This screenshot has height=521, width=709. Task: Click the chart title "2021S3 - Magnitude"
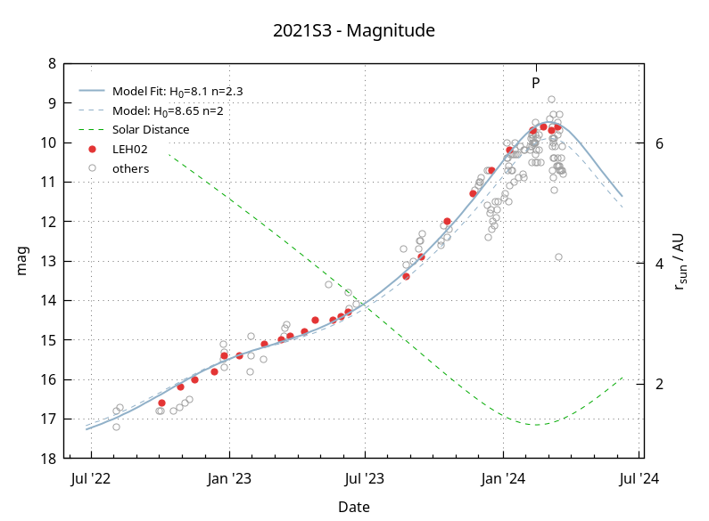click(354, 31)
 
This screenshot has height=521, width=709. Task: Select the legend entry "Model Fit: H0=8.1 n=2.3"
click(177, 91)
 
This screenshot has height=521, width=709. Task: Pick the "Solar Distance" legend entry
click(151, 129)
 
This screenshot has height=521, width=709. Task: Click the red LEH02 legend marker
click(92, 149)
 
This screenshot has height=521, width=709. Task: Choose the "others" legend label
click(130, 168)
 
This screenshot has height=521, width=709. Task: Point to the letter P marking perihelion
click(536, 83)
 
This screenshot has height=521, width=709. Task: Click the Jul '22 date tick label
click(91, 479)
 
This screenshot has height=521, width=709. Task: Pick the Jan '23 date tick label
click(229, 479)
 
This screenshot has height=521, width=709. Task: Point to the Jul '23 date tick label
click(365, 479)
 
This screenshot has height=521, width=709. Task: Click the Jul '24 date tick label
click(639, 479)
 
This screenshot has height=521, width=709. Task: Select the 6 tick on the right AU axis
click(660, 142)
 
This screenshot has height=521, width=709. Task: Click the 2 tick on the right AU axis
click(660, 384)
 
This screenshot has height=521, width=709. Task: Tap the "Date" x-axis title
click(354, 507)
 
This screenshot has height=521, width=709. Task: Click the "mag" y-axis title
click(23, 261)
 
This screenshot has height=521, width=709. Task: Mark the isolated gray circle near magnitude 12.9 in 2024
click(558, 256)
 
